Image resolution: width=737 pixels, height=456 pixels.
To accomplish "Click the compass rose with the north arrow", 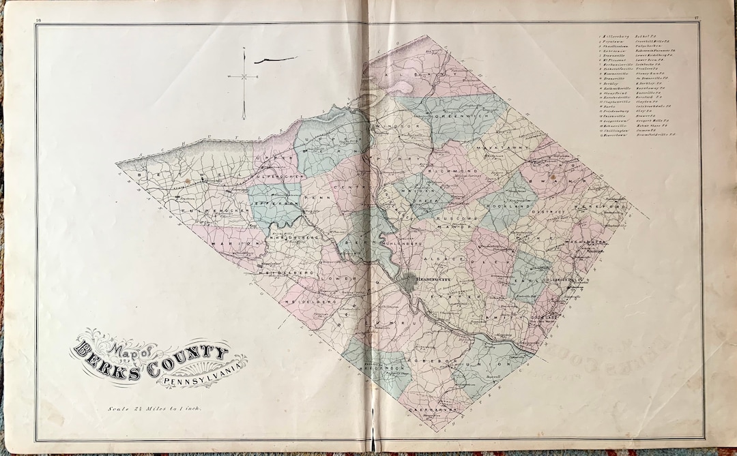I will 244,78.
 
